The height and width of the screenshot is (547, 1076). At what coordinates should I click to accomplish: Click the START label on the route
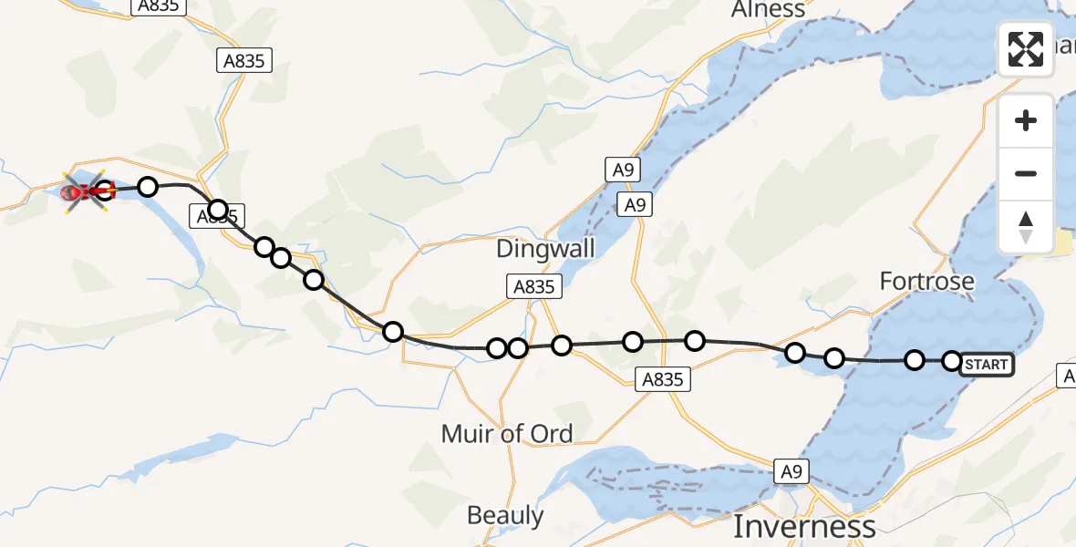[x=986, y=365]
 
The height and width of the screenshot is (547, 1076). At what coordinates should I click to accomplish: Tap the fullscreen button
[x=1026, y=49]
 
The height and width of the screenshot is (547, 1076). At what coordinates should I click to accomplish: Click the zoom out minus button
[x=1026, y=173]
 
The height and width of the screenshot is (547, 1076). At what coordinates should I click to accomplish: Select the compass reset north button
[x=1026, y=227]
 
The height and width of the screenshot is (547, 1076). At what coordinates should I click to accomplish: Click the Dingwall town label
[x=545, y=248]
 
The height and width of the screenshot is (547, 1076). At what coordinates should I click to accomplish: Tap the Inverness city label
[x=803, y=526]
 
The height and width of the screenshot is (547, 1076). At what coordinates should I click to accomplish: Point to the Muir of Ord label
[x=507, y=433]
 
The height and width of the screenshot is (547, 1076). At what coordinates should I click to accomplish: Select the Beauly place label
[x=505, y=516]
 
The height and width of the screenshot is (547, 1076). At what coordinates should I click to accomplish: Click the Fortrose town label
[x=926, y=282]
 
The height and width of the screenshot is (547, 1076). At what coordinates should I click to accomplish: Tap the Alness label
[x=768, y=10]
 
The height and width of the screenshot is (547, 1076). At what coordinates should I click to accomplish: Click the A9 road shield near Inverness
[x=791, y=471]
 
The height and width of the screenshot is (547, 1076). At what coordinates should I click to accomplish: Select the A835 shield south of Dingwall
[x=533, y=287]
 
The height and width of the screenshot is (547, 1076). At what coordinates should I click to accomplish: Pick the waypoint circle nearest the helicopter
[x=105, y=191]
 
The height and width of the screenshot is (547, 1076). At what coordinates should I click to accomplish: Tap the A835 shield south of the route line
[x=662, y=379]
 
